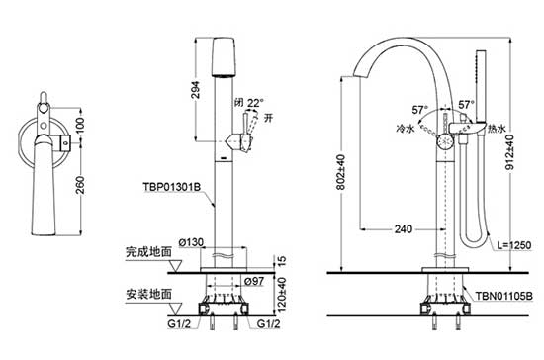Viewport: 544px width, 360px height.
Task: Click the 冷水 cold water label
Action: click(404, 128)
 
